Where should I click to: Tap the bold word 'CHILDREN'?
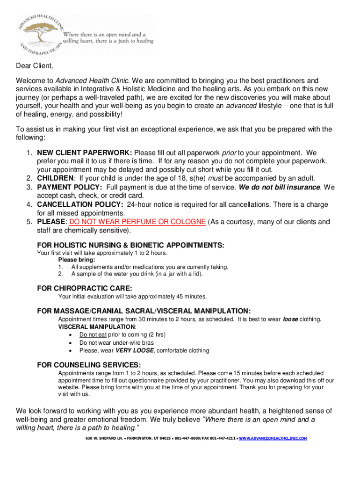(x=55, y=178)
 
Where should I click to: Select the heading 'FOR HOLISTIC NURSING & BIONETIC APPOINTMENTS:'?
(x=130, y=245)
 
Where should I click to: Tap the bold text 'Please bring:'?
(x=77, y=260)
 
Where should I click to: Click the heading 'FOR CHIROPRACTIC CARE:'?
(x=84, y=288)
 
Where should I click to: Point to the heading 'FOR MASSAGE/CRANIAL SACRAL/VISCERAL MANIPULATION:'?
(x=144, y=311)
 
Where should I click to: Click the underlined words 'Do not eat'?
(x=93, y=335)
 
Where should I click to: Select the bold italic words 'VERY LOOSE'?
(x=135, y=350)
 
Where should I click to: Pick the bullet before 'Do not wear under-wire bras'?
(x=70, y=343)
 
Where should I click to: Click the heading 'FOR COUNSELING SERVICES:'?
(x=89, y=365)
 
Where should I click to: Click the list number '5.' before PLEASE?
(x=29, y=222)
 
